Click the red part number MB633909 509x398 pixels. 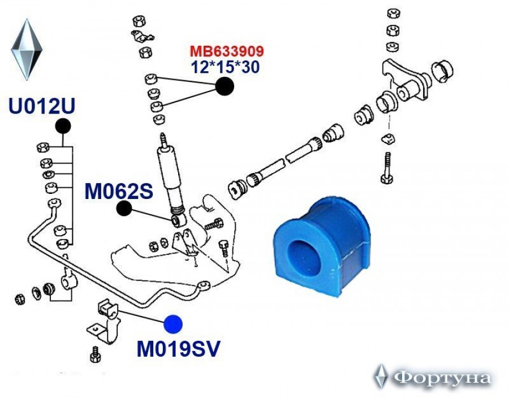point(227,51)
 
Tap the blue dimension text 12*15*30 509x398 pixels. point(226,67)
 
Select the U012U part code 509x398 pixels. point(42,106)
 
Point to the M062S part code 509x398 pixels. point(119,191)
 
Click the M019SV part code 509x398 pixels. point(179,349)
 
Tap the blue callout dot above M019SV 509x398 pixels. point(173,324)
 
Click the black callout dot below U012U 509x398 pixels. point(63,126)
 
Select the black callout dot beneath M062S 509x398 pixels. point(124,209)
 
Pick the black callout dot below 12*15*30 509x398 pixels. point(225,86)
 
